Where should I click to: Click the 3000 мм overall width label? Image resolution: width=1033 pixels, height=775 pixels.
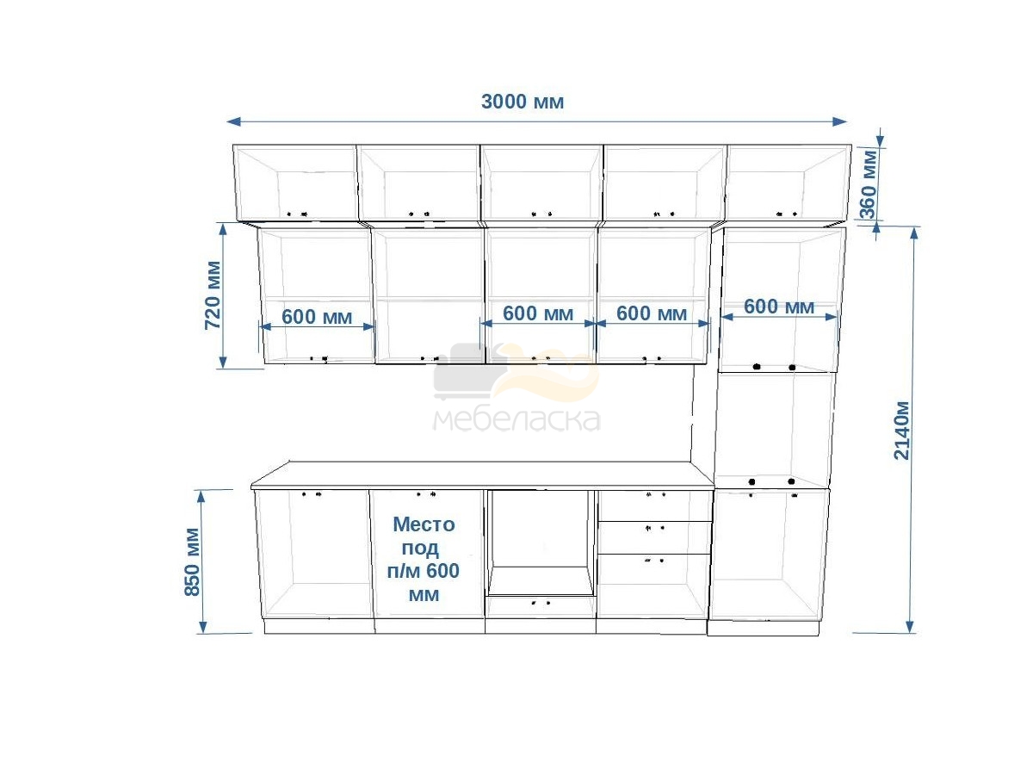522,102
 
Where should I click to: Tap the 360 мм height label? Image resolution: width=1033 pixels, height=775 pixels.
869,184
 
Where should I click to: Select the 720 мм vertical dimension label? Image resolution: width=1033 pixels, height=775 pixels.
213,295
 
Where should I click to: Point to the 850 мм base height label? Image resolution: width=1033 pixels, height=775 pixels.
192,561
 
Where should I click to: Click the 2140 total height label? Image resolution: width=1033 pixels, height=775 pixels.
901,430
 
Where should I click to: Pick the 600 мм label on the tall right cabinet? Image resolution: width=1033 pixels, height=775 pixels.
778,307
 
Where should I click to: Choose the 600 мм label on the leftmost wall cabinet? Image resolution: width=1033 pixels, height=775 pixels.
317,317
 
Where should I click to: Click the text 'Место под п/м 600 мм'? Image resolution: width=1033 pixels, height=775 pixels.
424,559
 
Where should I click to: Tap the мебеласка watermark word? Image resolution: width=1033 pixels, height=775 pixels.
516,419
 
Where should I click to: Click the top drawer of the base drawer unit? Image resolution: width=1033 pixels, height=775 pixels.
654,505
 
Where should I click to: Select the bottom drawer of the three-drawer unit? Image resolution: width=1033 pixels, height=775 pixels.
653,586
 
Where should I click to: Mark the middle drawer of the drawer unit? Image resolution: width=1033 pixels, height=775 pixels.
653,537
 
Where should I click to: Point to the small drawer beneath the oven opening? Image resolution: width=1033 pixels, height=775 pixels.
541,607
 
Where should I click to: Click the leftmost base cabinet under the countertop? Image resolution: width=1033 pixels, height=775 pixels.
314,555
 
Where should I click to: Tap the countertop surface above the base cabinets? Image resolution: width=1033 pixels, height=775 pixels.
482,474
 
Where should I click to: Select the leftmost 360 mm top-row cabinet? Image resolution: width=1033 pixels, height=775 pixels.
295,183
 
